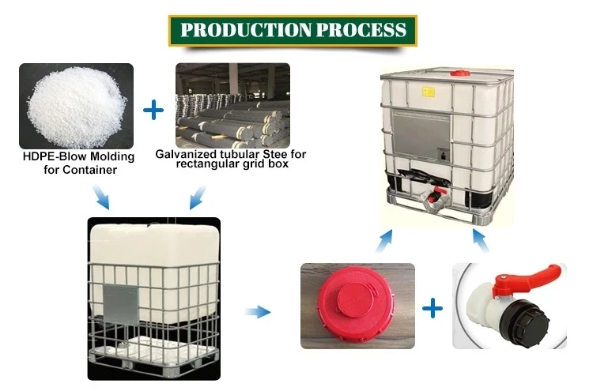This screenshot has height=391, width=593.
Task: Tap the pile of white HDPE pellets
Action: (x=75, y=107)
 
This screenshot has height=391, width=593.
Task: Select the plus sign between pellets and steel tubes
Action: (x=154, y=110)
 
